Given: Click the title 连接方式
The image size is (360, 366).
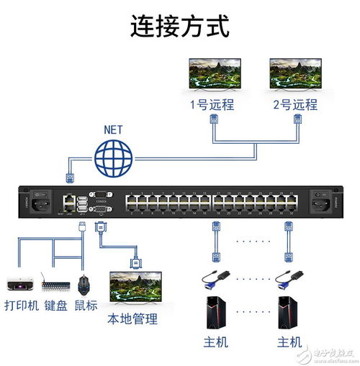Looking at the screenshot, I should (x=179, y=27).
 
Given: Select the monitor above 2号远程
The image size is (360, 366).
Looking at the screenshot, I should (x=294, y=74).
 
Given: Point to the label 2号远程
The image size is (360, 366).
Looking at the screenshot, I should (x=295, y=104).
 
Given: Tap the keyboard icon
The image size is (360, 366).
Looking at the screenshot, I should (x=56, y=283).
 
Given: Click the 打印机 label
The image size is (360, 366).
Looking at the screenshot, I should (x=22, y=305).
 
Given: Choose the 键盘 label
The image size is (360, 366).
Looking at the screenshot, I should (x=56, y=305).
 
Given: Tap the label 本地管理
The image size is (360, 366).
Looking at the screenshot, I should (x=132, y=319).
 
